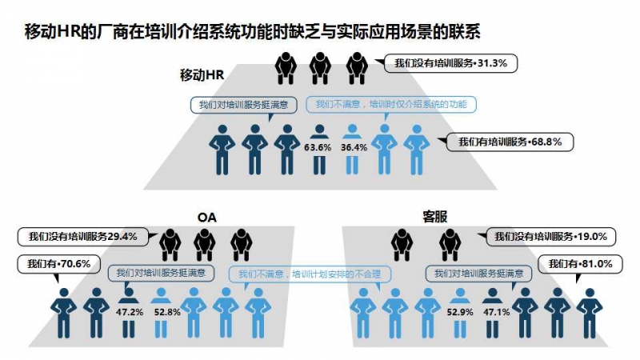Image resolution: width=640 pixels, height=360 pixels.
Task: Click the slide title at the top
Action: click(252, 32)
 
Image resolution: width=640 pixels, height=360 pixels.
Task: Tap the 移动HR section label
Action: click(202, 75)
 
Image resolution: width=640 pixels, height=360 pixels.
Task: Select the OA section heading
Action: click(207, 217)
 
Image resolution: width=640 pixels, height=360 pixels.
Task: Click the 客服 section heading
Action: click(434, 217)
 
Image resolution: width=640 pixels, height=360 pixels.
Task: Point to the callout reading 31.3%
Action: click(450, 63)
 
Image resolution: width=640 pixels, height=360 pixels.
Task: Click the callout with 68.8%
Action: click(510, 142)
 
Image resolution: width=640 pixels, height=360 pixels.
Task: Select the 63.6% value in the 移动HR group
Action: click(318, 147)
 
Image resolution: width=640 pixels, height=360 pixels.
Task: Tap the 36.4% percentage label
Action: click(354, 147)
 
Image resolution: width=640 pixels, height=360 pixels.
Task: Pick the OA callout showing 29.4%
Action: click(83, 237)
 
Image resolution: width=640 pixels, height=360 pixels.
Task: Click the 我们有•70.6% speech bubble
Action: click(58, 264)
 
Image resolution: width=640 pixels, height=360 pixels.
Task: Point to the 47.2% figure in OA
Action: click(130, 312)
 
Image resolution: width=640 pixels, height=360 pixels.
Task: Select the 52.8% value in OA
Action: click(167, 312)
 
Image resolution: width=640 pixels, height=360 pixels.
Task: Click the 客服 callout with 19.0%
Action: click(550, 236)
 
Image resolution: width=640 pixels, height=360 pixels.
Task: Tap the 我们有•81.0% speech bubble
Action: click(581, 264)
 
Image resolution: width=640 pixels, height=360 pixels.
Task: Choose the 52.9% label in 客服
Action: click(460, 312)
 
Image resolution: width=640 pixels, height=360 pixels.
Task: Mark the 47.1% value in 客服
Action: click(497, 312)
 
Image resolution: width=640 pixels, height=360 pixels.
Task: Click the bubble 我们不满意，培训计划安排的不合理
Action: click(310, 274)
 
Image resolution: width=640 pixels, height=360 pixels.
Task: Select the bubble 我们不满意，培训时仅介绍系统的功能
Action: click(391, 105)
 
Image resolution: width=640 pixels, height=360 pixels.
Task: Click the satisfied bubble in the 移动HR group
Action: click(244, 105)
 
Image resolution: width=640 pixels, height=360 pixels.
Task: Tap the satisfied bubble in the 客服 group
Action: click(478, 274)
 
